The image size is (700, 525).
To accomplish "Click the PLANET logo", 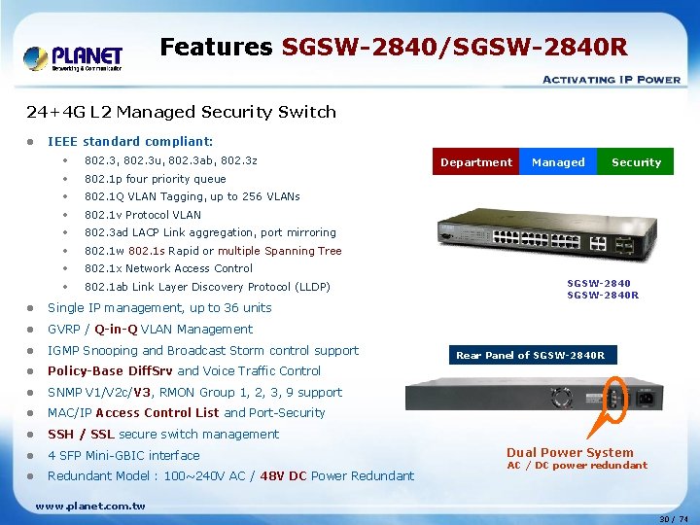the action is coord(73,58).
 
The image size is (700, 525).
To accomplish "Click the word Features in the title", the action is coord(216,47).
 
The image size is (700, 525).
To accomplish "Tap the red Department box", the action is coord(476,162).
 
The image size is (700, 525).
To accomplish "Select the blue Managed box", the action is coord(558,162).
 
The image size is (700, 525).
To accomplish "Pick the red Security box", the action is coord(636,162).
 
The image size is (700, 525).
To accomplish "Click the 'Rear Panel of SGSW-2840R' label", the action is coord(530,355).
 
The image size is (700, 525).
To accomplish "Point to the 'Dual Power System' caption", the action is coord(570,452).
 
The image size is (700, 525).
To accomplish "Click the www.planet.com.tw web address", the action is coord(89,506).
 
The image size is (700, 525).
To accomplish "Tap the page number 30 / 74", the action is coord(673,519).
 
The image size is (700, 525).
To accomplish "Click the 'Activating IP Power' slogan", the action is coord(611,80).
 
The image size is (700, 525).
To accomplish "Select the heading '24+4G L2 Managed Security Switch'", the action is coord(181,112).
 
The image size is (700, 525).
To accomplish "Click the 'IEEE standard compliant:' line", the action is coord(130,141).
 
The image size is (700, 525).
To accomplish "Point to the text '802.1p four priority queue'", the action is coord(155,179).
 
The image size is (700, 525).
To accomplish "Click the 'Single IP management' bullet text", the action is coord(159,308).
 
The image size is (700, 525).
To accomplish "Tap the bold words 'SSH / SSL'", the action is coord(82,435).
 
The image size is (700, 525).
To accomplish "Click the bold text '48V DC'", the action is coord(284,476).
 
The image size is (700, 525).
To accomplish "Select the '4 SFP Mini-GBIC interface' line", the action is coord(123,455).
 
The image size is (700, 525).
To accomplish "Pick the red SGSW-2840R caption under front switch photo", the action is coord(603,296).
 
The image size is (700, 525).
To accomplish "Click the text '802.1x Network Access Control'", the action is coord(168,268).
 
